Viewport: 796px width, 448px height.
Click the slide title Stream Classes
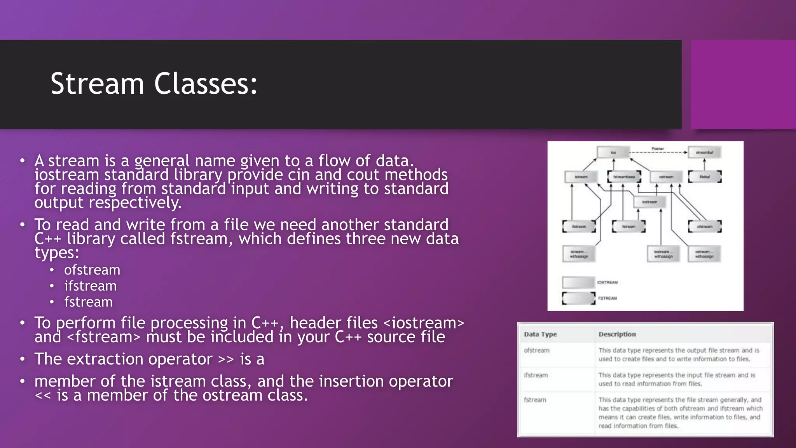coord(154,84)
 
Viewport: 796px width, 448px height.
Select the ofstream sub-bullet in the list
coord(92,270)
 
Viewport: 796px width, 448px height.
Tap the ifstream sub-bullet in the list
coord(90,286)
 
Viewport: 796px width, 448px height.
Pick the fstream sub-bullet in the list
coord(88,302)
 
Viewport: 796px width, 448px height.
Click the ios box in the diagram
coord(613,152)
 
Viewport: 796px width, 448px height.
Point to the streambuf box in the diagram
coord(704,152)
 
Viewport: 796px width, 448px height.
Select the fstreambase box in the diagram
coord(624,177)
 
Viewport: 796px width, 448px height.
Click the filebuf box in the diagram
coord(705,177)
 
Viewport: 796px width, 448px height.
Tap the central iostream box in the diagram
coord(649,202)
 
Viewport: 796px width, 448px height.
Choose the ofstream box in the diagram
coord(705,226)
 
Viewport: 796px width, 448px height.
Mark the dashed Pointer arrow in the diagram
coord(658,152)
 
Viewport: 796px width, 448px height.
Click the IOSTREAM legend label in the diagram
coord(607,282)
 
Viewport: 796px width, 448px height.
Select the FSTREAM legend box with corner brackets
coord(578,298)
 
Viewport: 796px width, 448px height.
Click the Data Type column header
coord(540,334)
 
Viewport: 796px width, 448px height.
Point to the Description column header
coord(617,334)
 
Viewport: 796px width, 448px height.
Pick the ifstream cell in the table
coord(536,375)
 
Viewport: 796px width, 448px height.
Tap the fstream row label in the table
coord(535,400)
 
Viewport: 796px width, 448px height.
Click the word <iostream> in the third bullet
coord(424,323)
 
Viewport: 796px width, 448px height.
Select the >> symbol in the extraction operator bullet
coord(226,359)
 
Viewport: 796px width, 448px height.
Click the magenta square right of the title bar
coord(743,84)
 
